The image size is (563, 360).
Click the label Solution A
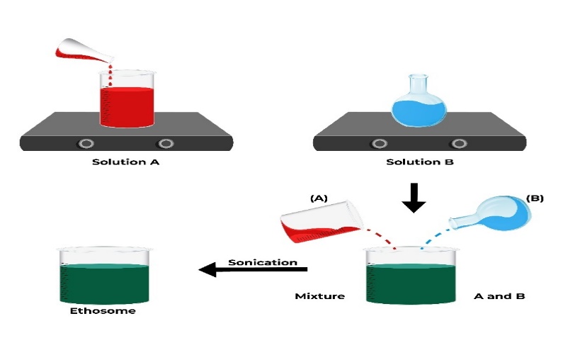127,162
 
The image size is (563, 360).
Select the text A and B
499,296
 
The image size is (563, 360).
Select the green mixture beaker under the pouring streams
410,279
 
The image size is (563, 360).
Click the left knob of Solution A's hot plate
86,143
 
